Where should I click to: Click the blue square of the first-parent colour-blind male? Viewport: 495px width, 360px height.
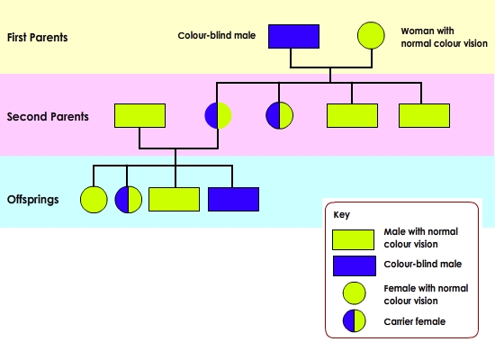(293, 36)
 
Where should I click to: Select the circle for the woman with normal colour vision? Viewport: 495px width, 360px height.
(371, 35)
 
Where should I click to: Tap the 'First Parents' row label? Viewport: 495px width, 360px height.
(37, 37)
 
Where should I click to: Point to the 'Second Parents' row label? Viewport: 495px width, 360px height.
(48, 116)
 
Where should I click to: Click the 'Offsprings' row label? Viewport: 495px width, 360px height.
(32, 200)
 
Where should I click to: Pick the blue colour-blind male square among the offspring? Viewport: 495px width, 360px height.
(234, 199)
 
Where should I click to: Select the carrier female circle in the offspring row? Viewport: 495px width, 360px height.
(129, 200)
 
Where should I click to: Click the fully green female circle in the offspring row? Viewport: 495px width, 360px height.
(94, 200)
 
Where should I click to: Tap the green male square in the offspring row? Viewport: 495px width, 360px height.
(174, 199)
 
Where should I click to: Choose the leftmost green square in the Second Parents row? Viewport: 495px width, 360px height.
(139, 115)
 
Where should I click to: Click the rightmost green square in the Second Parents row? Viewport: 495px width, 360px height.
(424, 115)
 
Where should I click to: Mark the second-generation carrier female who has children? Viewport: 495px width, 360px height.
(218, 115)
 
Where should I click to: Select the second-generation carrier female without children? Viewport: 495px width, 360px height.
(279, 115)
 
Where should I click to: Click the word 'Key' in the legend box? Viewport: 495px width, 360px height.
(342, 215)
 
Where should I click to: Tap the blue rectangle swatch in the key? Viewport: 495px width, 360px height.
(355, 265)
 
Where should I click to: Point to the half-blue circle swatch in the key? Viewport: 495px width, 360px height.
(355, 320)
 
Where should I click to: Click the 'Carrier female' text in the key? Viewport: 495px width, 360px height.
(415, 321)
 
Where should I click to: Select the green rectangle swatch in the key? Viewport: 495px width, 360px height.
(354, 239)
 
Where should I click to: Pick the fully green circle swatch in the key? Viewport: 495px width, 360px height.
(355, 293)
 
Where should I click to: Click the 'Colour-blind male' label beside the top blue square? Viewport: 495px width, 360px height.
(217, 35)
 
